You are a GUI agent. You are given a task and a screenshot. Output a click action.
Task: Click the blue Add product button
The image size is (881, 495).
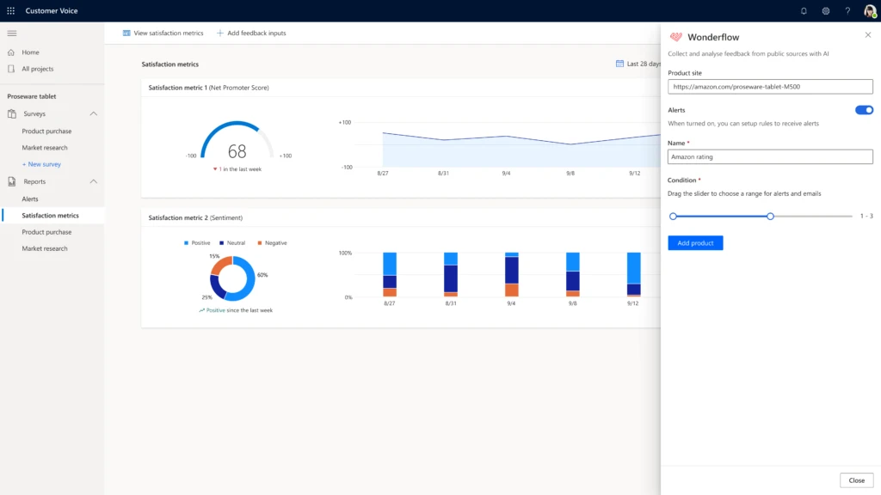tap(695, 243)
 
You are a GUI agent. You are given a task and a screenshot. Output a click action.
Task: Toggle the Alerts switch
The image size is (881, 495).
tap(864, 110)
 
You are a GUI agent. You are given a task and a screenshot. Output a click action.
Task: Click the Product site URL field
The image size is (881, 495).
tap(770, 87)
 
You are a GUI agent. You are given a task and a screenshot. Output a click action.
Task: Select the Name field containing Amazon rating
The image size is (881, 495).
tap(770, 157)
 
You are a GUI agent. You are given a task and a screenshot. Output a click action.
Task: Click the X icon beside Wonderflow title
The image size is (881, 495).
tap(867, 35)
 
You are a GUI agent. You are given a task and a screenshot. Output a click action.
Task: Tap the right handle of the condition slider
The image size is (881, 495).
tap(770, 217)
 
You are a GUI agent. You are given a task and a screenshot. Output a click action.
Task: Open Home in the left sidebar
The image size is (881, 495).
tap(30, 52)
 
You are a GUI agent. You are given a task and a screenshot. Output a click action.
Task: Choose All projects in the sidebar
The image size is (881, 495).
tap(37, 69)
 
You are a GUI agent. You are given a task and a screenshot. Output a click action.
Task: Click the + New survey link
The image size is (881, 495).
tap(41, 164)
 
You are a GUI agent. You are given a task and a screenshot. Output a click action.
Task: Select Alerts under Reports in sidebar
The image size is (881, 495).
tap(30, 199)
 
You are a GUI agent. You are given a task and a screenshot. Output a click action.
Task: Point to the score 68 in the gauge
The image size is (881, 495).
tap(237, 152)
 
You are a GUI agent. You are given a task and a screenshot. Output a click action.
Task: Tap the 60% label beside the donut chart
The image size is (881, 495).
tap(262, 275)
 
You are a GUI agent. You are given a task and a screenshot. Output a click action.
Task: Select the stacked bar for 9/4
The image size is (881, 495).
tap(511, 275)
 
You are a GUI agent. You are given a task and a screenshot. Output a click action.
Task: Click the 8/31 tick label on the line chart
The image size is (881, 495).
tap(443, 174)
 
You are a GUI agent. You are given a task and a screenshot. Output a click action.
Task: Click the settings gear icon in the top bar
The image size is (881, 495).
tap(825, 11)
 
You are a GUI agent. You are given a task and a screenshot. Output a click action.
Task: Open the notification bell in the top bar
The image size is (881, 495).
tap(804, 11)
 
